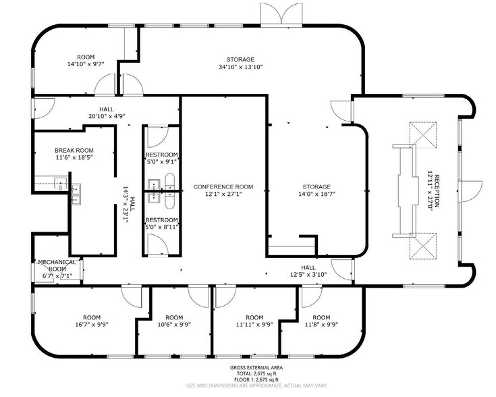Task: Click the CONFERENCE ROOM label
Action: point(223,186)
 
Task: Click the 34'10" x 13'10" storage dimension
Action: point(240,67)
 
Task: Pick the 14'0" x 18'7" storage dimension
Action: point(316,194)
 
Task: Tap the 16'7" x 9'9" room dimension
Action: point(92,324)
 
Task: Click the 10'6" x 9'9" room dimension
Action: point(174,324)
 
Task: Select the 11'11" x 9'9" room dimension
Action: point(254,324)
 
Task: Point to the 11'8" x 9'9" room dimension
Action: point(321,324)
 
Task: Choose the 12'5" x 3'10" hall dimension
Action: point(308,275)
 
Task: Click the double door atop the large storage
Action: point(283,14)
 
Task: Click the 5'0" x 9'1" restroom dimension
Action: point(162,161)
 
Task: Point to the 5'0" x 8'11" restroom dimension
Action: point(162,228)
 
